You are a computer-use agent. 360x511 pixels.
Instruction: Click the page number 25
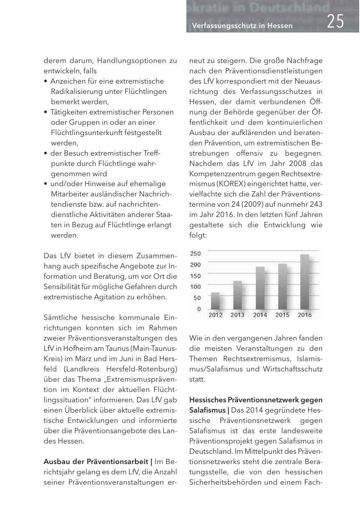pyautogui.click(x=335, y=22)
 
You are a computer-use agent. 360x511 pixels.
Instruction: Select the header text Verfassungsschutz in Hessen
pyautogui.click(x=242, y=26)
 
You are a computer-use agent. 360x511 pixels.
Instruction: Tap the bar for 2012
pyautogui.click(x=215, y=301)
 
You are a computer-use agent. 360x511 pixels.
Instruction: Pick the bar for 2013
pyautogui.click(x=237, y=295)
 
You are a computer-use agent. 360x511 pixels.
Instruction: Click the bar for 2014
pyautogui.click(x=260, y=288)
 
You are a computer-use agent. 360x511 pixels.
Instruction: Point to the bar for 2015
pyautogui.click(x=282, y=287)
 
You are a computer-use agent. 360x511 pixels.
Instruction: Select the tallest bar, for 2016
pyautogui.click(x=304, y=282)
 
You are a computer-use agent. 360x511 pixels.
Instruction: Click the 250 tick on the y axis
pyautogui.click(x=195, y=254)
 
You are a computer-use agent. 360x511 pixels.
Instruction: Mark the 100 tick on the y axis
pyautogui.click(x=195, y=287)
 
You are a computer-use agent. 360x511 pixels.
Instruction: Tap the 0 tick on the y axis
pyautogui.click(x=199, y=309)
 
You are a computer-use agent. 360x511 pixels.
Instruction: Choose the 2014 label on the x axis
pyautogui.click(x=260, y=315)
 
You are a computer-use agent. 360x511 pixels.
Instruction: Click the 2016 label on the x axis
pyautogui.click(x=304, y=315)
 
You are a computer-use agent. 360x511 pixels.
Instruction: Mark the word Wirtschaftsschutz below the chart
pyautogui.click(x=296, y=368)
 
